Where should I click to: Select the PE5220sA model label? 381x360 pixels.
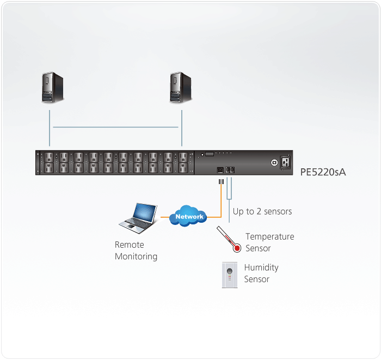[323, 173]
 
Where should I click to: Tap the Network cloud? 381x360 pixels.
[189, 217]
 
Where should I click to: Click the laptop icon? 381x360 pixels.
[138, 217]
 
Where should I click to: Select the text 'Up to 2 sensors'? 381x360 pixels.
[262, 211]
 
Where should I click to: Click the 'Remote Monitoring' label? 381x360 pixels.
[136, 251]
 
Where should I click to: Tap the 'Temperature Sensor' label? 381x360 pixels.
[269, 242]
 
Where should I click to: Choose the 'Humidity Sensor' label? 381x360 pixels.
[261, 273]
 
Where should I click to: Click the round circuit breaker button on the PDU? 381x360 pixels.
[274, 162]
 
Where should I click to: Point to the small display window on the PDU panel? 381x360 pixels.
[208, 155]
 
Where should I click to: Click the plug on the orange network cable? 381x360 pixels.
[220, 181]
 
